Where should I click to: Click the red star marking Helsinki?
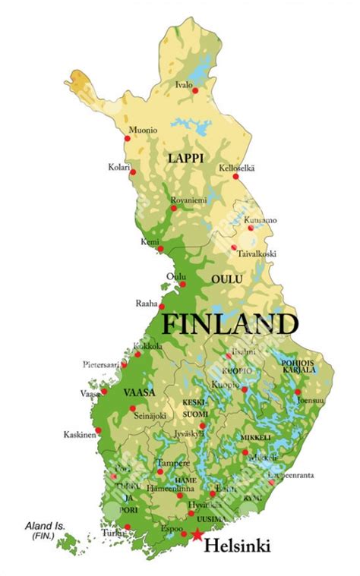point(197,535)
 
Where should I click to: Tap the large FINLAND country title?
point(230,324)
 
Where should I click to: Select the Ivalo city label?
point(184,84)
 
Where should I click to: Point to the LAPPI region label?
point(185,158)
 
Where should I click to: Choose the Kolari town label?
point(119,167)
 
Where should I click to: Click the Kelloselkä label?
point(237,168)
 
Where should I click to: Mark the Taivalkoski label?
point(256,253)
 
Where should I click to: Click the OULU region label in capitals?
point(227,279)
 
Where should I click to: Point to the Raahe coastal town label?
point(147,302)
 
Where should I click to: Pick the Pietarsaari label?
point(105,364)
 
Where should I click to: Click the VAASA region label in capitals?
point(139,392)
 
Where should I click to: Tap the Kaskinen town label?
point(80,435)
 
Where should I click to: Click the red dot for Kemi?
point(161,247)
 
